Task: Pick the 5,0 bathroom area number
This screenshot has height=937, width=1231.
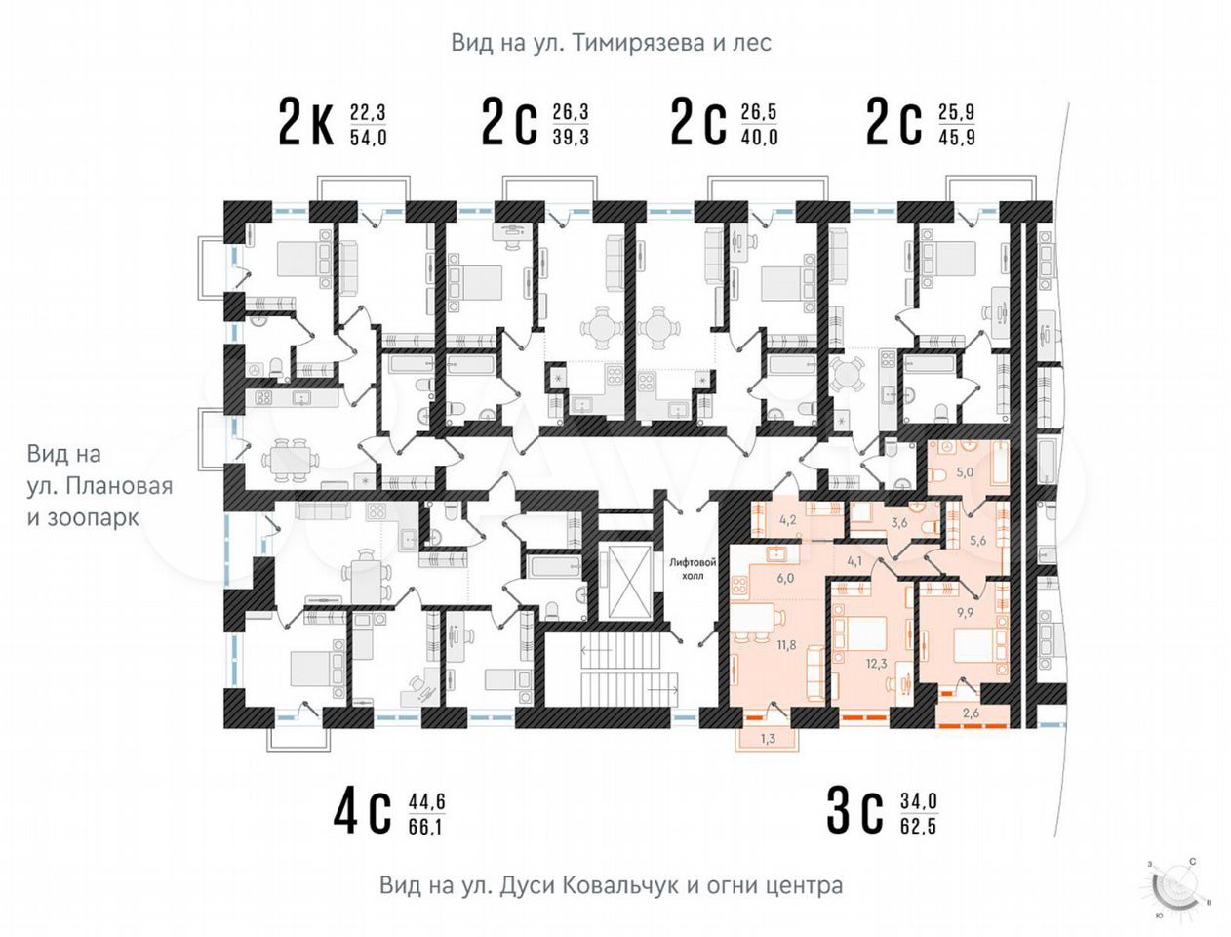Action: [965, 472]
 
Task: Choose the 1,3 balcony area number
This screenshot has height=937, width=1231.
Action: [768, 739]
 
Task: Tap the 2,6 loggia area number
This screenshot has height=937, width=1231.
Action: [972, 713]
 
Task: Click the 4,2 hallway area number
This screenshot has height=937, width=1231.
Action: [788, 520]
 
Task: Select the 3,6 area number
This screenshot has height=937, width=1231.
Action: [899, 524]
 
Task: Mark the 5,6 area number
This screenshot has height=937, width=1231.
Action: [977, 541]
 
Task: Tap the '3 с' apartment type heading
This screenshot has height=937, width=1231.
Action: [854, 811]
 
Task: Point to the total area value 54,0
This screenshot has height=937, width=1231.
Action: [369, 138]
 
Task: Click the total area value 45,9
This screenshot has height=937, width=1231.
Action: [957, 138]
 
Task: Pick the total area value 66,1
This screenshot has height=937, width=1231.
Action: [425, 827]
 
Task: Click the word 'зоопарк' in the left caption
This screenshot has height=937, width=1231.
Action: [93, 517]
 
